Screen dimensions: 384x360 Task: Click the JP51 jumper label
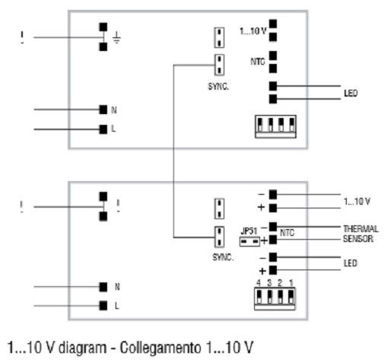pos(249,231)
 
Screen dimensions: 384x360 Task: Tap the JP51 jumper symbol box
pos(249,241)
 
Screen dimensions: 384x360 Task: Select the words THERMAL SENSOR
pos(360,234)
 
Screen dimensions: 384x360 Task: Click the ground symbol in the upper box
pos(116,37)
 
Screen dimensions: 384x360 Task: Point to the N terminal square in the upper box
pos(103,110)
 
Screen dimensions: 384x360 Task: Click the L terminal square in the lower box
pos(103,306)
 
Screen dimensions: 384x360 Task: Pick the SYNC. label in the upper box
pos(218,87)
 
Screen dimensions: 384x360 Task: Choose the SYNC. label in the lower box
pos(223,257)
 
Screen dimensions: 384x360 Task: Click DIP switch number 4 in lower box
pos(259,297)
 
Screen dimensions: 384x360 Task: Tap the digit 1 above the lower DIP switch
pos(291,282)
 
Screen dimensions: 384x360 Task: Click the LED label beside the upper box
pos(351,94)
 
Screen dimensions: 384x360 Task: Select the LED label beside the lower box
pos(351,263)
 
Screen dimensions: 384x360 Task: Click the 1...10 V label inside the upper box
pos(253,31)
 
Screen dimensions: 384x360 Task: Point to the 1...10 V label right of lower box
pos(357,202)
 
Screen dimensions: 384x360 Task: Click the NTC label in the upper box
pos(258,62)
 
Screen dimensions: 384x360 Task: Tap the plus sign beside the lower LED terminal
pos(262,271)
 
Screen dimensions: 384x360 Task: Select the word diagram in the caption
pos(82,348)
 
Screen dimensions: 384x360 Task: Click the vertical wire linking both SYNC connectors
pos(173,151)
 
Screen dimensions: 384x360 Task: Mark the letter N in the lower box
pos(117,287)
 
